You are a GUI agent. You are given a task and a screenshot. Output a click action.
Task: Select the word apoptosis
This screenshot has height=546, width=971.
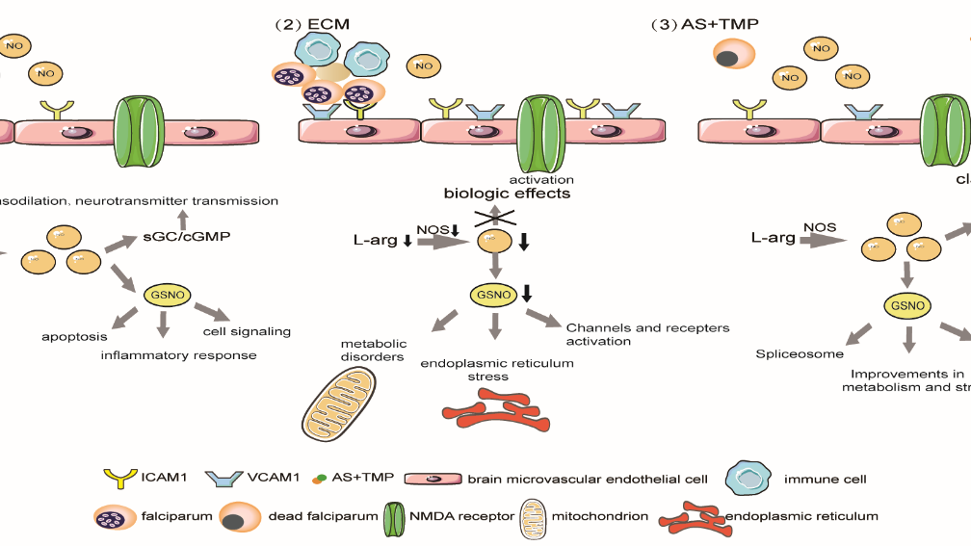click(72, 338)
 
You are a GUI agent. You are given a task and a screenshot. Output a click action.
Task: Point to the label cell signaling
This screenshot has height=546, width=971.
click(247, 331)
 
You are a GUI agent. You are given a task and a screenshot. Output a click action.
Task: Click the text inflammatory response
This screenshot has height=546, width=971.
click(179, 355)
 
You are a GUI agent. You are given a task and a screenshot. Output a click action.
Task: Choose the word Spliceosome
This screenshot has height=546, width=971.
click(787, 354)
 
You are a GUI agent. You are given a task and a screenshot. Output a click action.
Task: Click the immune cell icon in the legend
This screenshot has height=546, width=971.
click(755, 478)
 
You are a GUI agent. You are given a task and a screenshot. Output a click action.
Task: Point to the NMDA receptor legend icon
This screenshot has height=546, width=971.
click(396, 515)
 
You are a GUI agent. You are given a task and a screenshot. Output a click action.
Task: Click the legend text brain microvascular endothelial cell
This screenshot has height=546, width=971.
click(588, 479)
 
